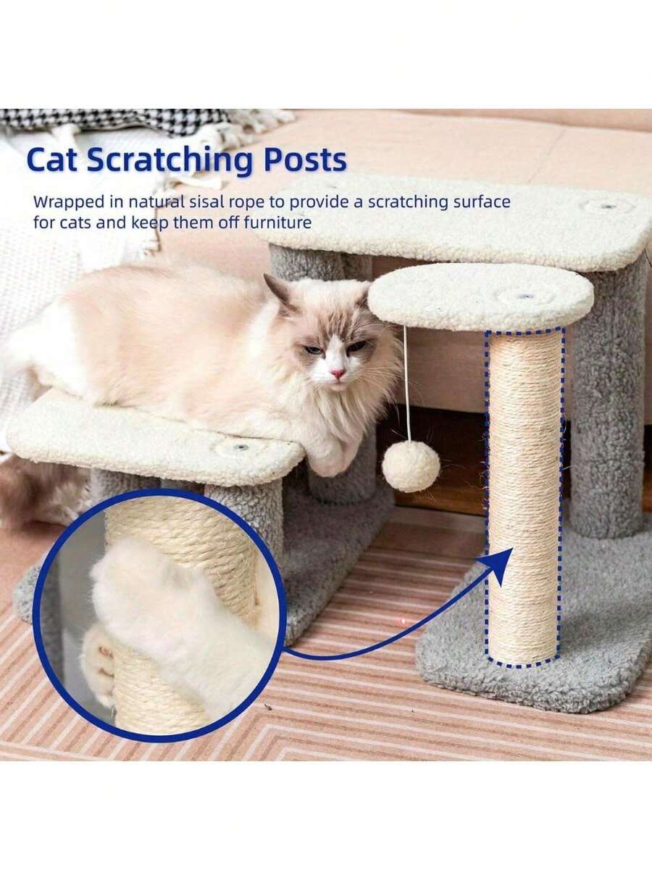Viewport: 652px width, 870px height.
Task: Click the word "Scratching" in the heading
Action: pos(170,161)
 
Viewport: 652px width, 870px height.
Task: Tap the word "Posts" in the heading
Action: pos(304,161)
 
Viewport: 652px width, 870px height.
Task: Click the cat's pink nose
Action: pos(338,373)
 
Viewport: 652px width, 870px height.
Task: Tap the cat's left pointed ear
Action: pos(277,291)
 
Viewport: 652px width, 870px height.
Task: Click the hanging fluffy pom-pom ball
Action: pos(410,466)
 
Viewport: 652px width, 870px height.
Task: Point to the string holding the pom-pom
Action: pos(406,384)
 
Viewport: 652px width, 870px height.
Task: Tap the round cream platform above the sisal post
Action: pos(478,296)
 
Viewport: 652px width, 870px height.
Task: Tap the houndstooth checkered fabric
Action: pos(109,120)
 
